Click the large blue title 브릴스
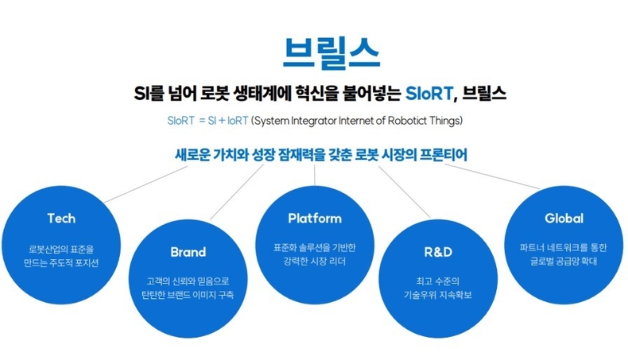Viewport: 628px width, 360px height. pos(331,52)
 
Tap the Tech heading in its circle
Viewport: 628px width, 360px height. pos(61,218)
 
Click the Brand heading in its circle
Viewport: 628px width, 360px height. pos(188,253)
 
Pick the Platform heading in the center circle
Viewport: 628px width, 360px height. pos(314,218)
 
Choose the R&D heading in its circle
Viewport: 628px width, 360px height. pos(437,253)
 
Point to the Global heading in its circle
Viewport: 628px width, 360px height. pos(564,218)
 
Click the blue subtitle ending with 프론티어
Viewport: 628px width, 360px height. pos(321,154)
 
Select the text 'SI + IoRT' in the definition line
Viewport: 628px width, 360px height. pos(223,121)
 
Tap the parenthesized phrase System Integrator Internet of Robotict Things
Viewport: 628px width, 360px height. pos(356,121)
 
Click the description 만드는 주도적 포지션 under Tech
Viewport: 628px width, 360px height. pos(61,263)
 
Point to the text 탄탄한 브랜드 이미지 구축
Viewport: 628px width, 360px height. pos(188,295)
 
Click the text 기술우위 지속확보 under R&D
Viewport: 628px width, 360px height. pos(437,295)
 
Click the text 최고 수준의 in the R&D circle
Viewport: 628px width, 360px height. pos(437,281)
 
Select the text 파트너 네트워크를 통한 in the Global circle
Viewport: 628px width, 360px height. pos(564,247)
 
